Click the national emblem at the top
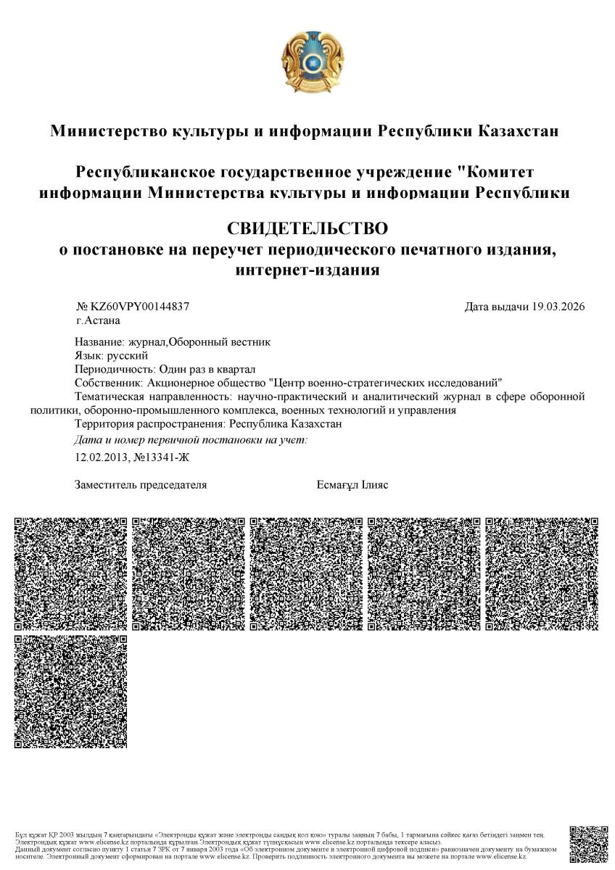(x=307, y=62)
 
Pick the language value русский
(x=128, y=355)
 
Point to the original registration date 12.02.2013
(x=101, y=457)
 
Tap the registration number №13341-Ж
(x=159, y=457)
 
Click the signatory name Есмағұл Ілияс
(x=352, y=485)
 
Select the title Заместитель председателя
(x=141, y=485)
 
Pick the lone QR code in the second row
(x=71, y=691)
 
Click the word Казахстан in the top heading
(x=518, y=131)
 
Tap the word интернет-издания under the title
(x=307, y=270)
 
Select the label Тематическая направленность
(x=152, y=397)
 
